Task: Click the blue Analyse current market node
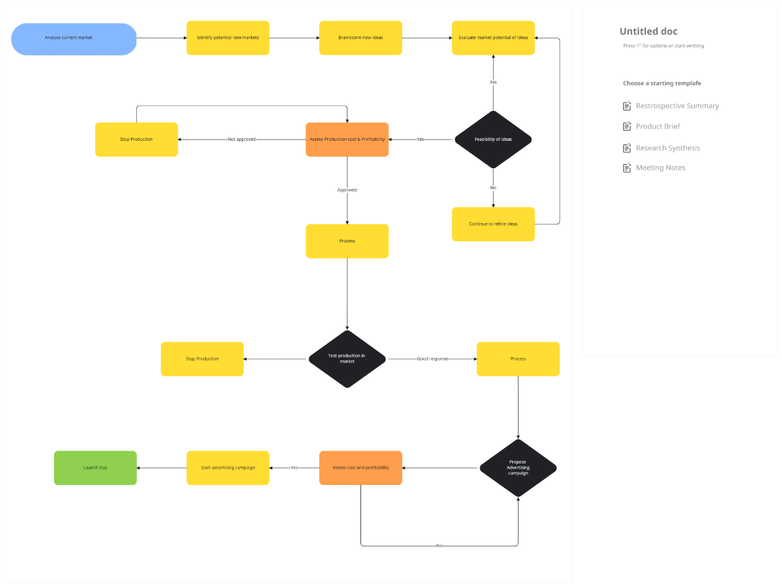click(x=74, y=38)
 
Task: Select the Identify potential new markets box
click(x=227, y=38)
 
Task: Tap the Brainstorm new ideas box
click(x=360, y=38)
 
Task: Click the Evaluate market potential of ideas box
click(x=493, y=38)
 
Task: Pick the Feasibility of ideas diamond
click(x=493, y=140)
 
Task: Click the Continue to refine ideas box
click(x=493, y=224)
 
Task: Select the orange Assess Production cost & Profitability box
click(x=347, y=140)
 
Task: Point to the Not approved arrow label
click(x=242, y=140)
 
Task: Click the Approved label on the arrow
click(x=347, y=190)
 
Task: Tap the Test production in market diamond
click(x=347, y=359)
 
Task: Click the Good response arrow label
click(x=432, y=359)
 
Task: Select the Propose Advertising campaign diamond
click(x=518, y=467)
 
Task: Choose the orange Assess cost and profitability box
click(x=360, y=468)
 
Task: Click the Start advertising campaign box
click(x=227, y=468)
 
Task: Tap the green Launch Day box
click(x=95, y=468)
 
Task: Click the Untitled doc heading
click(x=648, y=31)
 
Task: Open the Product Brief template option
click(x=658, y=126)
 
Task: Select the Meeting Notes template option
click(x=660, y=168)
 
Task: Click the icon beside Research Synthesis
click(x=627, y=148)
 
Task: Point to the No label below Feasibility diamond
click(x=493, y=188)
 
